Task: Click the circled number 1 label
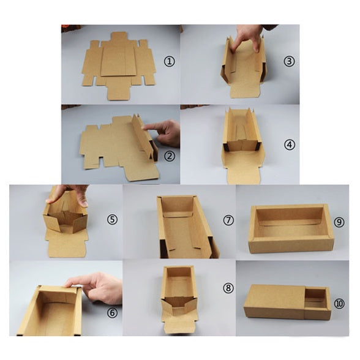pyautogui.click(x=170, y=61)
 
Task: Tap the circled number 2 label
pyautogui.click(x=170, y=156)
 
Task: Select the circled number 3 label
pyautogui.click(x=289, y=61)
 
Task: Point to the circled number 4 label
pyautogui.click(x=289, y=144)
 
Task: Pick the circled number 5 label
pyautogui.click(x=112, y=219)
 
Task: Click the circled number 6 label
pyautogui.click(x=112, y=312)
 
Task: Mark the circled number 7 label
pyautogui.click(x=228, y=220)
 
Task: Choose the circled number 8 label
pyautogui.click(x=228, y=288)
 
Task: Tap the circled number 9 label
pyautogui.click(x=339, y=222)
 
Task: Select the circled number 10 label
pyautogui.click(x=339, y=304)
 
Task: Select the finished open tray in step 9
pyautogui.click(x=291, y=228)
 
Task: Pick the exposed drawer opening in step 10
pyautogui.click(x=316, y=298)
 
